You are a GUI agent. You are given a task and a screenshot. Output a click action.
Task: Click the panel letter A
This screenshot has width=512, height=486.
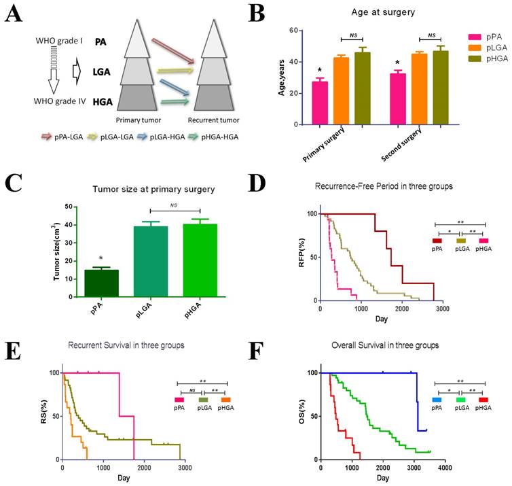pyautogui.click(x=14, y=14)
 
